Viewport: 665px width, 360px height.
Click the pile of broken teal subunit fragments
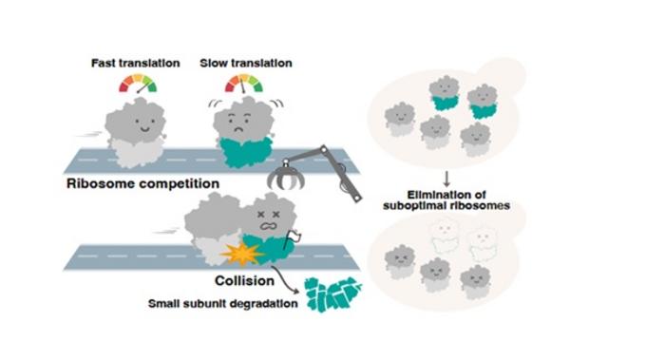pos(330,295)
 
